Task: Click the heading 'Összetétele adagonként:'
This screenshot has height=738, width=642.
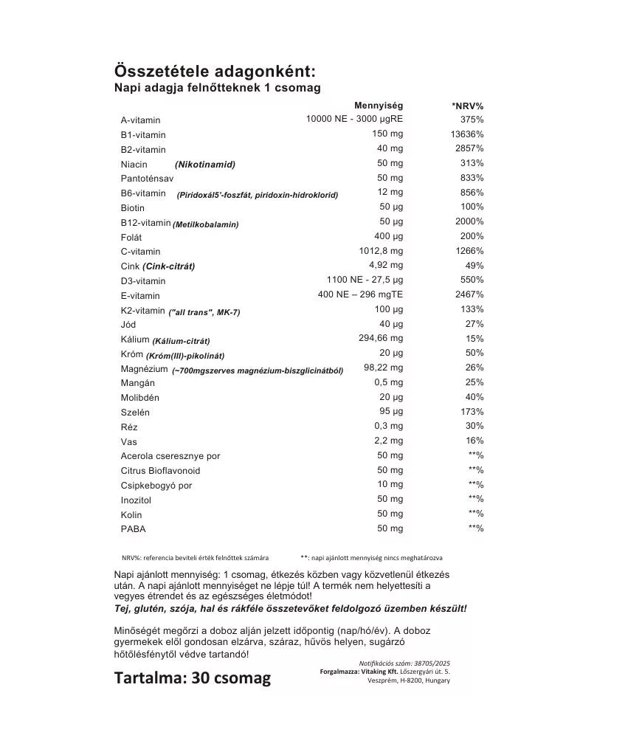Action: coord(215,72)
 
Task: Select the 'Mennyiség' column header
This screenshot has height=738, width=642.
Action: coord(379,106)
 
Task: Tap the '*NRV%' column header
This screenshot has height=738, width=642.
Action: coord(467,106)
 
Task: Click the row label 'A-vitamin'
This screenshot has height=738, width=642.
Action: coord(140,120)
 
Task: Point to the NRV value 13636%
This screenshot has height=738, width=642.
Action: coord(467,134)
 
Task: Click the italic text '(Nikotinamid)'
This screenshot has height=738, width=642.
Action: coord(205,165)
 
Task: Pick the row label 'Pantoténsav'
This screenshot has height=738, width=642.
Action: coord(147,179)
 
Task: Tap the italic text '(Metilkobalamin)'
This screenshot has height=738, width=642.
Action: coord(206,224)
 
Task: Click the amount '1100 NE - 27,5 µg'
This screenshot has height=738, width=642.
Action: coord(365,280)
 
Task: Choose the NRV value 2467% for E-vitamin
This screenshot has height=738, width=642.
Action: coord(469,294)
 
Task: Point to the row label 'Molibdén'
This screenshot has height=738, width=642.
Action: coord(139,398)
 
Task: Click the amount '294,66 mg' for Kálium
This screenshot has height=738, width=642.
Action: coord(381,338)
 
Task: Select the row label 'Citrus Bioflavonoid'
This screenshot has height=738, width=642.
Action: coord(160,471)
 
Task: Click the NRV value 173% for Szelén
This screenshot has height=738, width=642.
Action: coord(472,411)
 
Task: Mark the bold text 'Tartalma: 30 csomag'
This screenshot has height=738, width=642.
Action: coord(193,677)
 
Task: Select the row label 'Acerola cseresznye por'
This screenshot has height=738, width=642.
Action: coord(170,456)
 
